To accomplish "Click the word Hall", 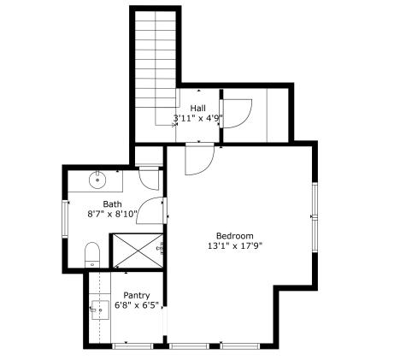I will (x=198, y=108).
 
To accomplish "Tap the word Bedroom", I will (x=234, y=235).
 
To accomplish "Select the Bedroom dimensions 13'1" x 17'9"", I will (x=234, y=245).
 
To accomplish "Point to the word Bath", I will (x=113, y=204).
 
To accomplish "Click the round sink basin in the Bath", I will (x=99, y=180).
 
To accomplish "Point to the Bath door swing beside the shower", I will (x=152, y=213).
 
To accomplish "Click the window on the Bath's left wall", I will (x=64, y=218).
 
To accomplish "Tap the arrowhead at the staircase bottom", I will (x=174, y=123).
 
